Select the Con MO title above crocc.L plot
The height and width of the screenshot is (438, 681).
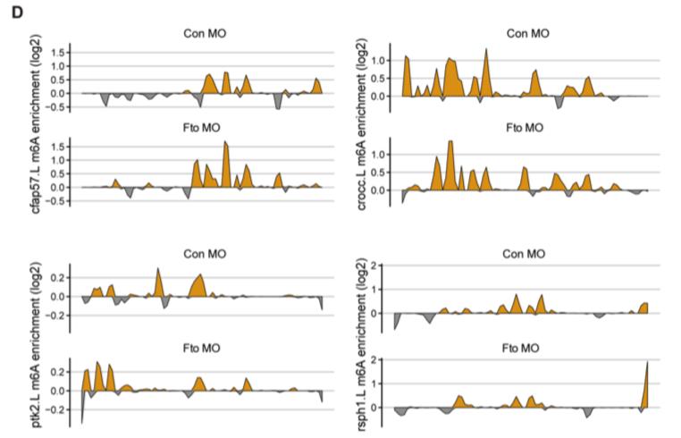(x=527, y=34)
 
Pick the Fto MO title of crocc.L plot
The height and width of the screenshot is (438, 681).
(x=525, y=127)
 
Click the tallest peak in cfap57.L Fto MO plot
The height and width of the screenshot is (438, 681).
(x=225, y=143)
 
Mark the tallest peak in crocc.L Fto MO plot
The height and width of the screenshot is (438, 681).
(x=450, y=142)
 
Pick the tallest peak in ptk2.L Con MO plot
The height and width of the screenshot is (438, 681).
(x=158, y=268)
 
